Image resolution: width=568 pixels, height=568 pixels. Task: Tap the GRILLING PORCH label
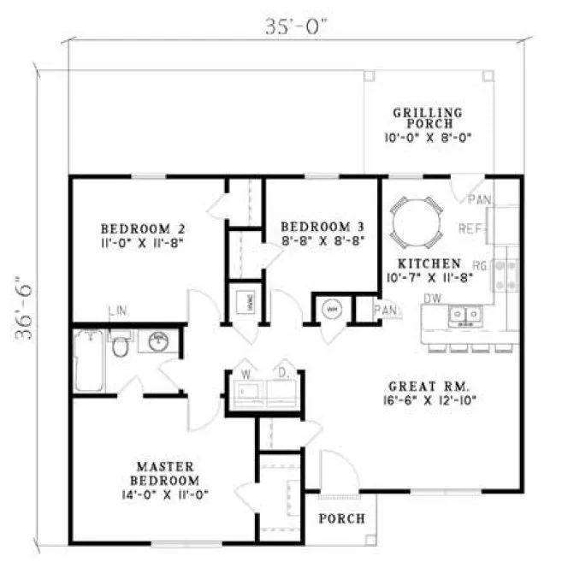tap(428, 118)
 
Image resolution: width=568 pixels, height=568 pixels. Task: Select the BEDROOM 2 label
tap(143, 228)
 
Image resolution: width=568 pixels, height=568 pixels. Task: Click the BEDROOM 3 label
tap(322, 227)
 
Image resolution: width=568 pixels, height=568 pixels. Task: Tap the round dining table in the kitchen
tap(416, 220)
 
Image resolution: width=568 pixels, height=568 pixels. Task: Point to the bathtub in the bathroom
tap(87, 359)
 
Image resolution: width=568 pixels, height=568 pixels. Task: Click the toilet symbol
tap(121, 346)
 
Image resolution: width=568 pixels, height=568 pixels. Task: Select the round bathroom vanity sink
tap(158, 343)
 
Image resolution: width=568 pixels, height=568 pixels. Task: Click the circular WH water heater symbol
tap(332, 309)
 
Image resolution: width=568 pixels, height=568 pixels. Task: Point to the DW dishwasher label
tap(433, 298)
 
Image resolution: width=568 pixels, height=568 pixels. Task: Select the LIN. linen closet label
tap(118, 310)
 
